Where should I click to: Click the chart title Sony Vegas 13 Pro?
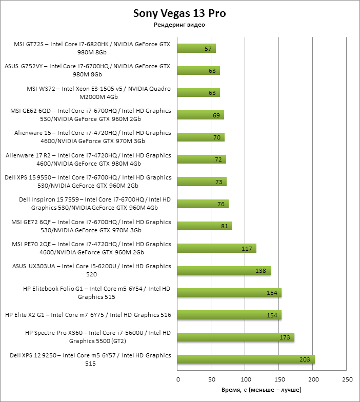[179, 13]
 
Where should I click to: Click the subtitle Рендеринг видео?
[179, 25]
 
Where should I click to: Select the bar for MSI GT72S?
[196, 49]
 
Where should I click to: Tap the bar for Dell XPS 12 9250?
[246, 359]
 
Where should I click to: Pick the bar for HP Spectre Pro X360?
[235, 337]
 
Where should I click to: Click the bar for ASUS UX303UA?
[224, 270]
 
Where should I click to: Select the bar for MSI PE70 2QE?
[216, 248]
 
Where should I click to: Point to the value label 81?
[224, 226]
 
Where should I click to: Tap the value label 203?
[305, 359]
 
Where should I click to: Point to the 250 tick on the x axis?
[347, 380]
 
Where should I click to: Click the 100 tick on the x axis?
[246, 380]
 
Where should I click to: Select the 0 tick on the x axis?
[178, 380]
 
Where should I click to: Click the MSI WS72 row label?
[98, 92]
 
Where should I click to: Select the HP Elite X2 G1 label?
[88, 315]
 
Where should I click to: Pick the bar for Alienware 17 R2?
[202, 159]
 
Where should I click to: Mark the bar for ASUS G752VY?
[198, 71]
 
